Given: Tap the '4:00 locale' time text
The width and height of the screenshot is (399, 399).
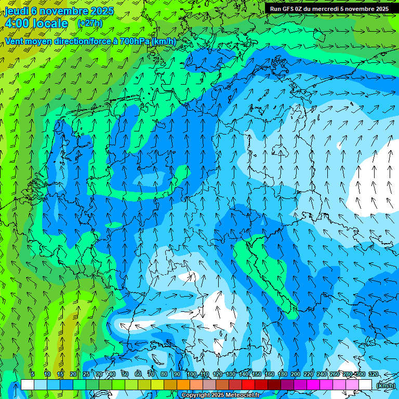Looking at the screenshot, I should click(x=36, y=23).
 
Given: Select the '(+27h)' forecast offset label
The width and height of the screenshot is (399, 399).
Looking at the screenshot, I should click(x=90, y=23).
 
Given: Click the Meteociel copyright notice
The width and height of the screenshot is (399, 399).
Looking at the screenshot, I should click(x=220, y=395).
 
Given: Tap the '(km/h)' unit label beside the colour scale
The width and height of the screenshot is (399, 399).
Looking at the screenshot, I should click(x=385, y=385).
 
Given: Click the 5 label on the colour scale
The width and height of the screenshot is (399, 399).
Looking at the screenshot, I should click(x=33, y=374).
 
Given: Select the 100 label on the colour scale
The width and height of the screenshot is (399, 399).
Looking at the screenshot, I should click(x=192, y=374).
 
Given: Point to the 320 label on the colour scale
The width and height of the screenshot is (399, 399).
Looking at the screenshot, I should click(x=373, y=374).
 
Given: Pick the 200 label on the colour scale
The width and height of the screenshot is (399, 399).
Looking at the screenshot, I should click(x=296, y=374).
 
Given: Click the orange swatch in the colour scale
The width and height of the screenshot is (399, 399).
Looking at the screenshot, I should click(x=183, y=385).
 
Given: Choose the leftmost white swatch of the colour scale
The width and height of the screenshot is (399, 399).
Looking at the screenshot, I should click(x=27, y=385).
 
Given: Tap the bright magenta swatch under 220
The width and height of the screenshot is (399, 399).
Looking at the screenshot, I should click(x=313, y=385).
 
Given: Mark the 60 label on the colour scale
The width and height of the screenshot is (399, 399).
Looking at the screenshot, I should click(x=138, y=374).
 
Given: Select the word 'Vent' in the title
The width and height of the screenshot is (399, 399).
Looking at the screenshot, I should click(x=16, y=41).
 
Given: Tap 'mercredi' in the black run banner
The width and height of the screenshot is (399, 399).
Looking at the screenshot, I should click(x=323, y=9).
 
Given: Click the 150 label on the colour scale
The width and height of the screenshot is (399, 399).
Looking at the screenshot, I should click(x=257, y=374).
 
